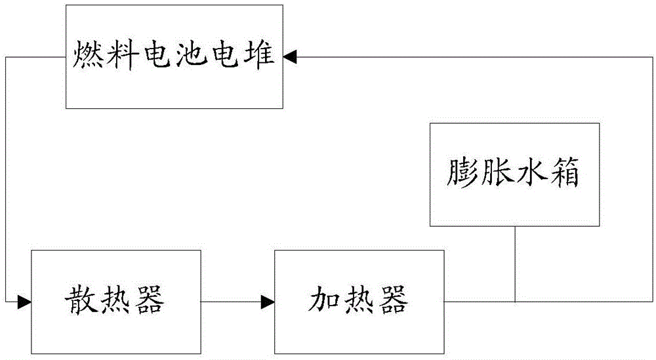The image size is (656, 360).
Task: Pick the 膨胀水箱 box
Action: tap(514, 174)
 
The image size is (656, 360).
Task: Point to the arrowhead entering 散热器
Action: tap(25, 302)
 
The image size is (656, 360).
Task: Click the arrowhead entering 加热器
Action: tap(268, 302)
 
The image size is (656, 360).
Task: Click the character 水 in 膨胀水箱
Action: tap(531, 174)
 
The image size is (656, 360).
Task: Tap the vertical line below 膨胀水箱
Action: tap(515, 262)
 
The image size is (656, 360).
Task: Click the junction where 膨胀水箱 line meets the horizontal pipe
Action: tap(515, 302)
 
